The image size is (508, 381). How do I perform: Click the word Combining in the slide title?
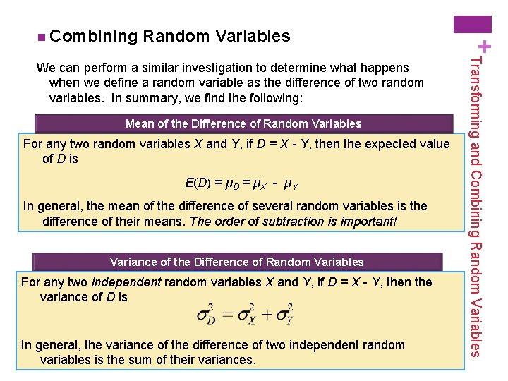(93, 35)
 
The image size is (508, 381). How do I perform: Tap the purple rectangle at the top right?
(473, 23)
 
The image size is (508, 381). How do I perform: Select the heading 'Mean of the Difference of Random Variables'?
(243, 124)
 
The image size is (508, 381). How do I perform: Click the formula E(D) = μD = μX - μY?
(241, 184)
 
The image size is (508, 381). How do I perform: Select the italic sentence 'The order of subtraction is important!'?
(294, 222)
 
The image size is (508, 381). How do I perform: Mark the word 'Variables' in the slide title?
(252, 35)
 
